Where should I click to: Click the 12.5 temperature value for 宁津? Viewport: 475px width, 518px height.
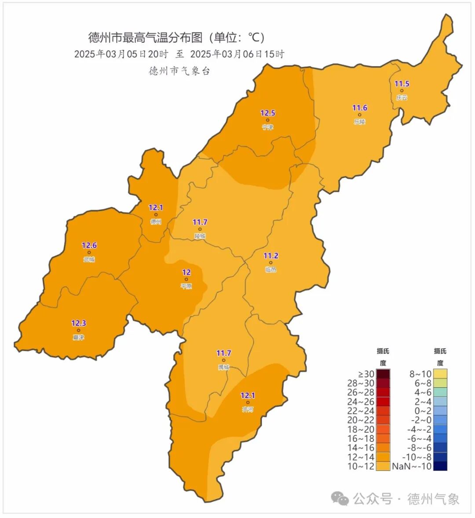point(267,113)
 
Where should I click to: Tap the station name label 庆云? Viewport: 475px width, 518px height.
point(402,98)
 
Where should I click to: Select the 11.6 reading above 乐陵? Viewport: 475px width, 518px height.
point(359,108)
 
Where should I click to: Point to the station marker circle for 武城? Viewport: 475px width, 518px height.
point(89,253)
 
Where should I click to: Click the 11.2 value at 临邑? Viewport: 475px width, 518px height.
point(270,256)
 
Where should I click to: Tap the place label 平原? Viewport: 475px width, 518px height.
point(186,287)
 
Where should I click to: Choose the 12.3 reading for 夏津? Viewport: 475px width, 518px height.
point(79,323)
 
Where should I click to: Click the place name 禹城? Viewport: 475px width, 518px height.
point(224,367)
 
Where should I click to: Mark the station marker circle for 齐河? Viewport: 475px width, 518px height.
point(248,402)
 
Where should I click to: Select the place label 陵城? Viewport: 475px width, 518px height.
point(200,236)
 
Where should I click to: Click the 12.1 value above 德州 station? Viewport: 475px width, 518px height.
point(156,208)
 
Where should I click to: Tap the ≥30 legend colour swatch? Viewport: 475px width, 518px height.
point(383,374)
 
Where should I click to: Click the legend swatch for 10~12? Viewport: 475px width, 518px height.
point(383,466)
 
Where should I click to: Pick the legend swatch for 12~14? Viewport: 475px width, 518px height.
point(383,457)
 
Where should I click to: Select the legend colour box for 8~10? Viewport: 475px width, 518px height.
point(440,374)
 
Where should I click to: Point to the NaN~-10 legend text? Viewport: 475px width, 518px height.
point(412,466)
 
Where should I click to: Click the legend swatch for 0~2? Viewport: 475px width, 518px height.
point(440,411)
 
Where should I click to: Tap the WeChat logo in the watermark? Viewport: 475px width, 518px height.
point(340,499)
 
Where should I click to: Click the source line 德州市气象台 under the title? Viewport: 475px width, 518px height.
point(179,71)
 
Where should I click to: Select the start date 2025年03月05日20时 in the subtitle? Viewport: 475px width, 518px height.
point(121,54)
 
